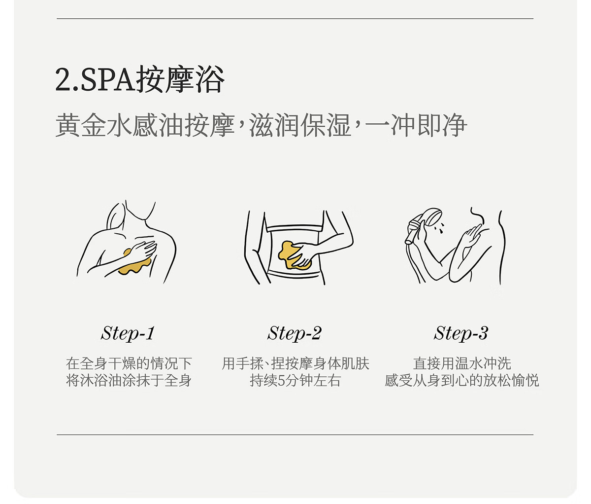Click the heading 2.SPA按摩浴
point(140,79)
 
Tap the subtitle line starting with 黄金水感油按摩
point(261,125)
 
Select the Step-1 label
point(128,333)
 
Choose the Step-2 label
point(295,333)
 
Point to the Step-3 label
point(461,333)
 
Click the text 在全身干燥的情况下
point(129,363)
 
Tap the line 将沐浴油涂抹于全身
point(129,381)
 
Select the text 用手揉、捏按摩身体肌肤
point(295,363)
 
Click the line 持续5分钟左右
point(295,381)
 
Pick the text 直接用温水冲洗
point(462,363)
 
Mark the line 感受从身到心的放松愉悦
point(462,381)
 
